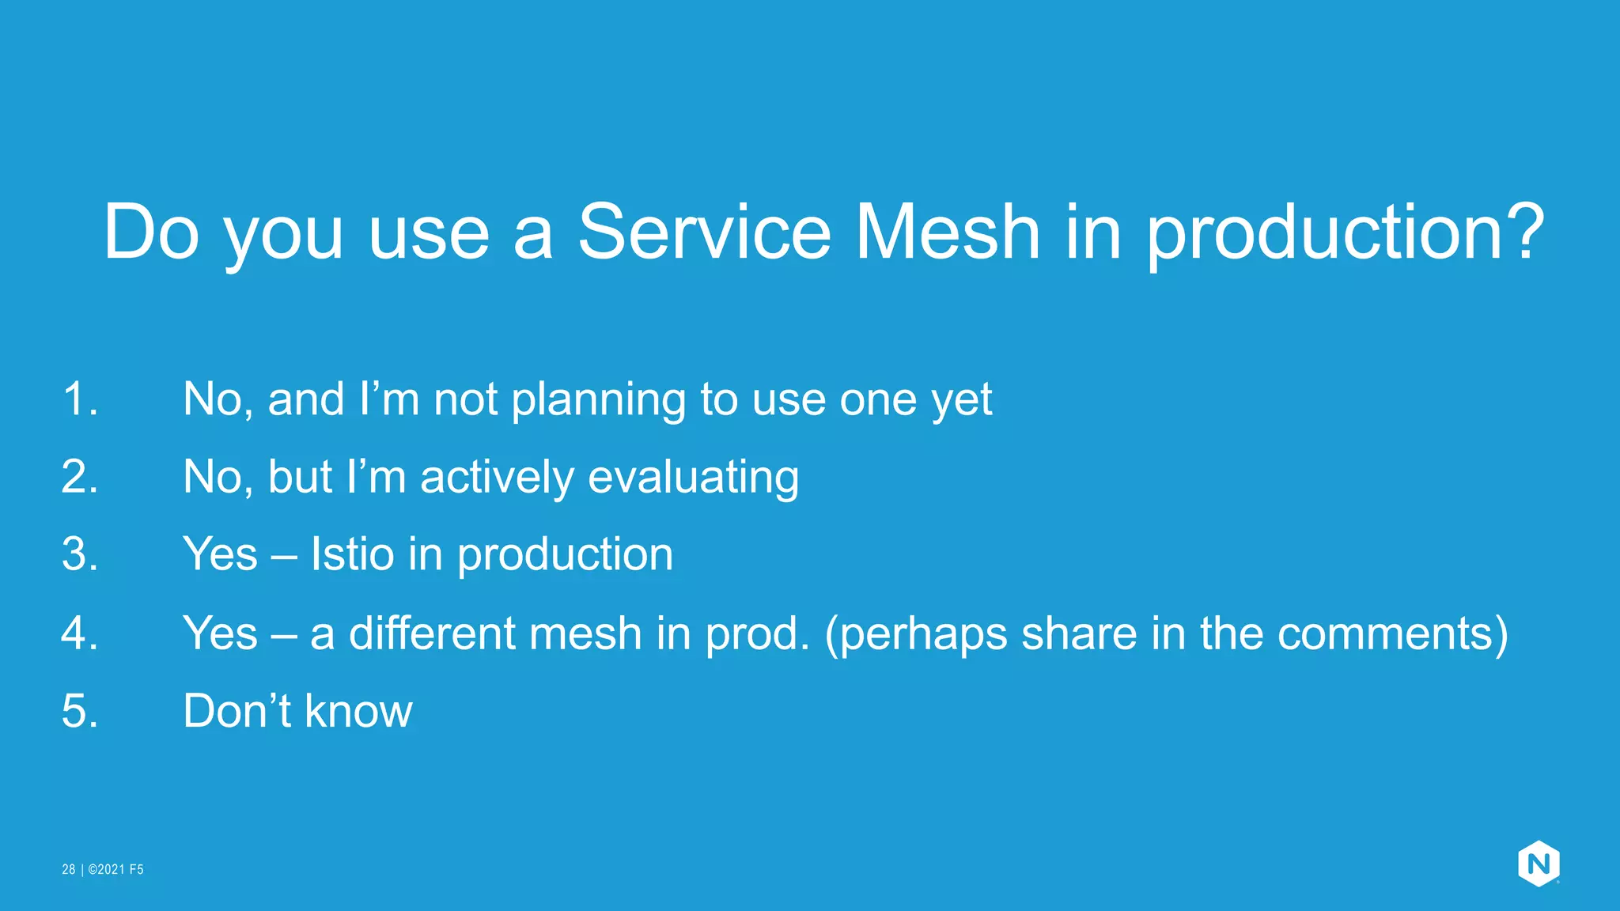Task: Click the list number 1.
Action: [80, 399]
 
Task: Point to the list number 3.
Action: [80, 554]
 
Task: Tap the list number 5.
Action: [80, 710]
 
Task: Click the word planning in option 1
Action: [598, 400]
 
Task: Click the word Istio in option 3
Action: [352, 554]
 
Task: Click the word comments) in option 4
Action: [1392, 634]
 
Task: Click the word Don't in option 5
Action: [237, 710]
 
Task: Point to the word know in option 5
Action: [358, 710]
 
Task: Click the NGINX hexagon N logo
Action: [1538, 864]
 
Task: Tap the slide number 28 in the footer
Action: [69, 869]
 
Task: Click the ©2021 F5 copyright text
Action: [115, 869]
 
